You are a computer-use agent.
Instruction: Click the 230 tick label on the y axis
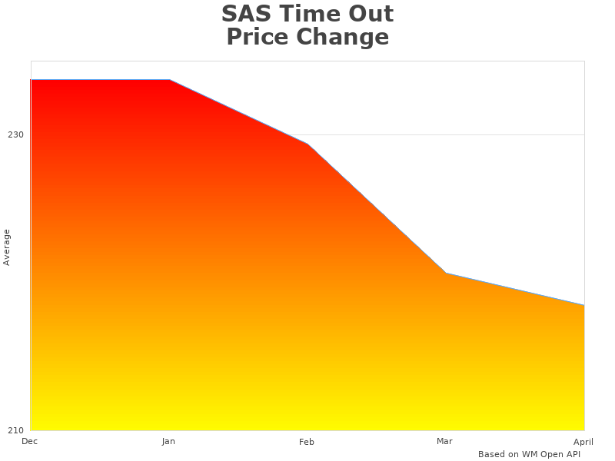15,134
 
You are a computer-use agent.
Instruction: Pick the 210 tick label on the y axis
15,429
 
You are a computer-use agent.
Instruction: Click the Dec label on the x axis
29,441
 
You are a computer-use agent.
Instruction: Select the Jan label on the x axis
168,441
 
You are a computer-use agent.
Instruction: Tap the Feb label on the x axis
307,442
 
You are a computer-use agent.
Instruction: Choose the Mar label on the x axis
444,441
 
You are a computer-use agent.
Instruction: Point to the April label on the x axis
583,441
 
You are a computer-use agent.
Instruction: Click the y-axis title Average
7,247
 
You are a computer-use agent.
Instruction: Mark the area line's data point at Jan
169,80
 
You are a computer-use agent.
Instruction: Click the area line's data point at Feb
307,144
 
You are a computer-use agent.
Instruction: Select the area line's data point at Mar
446,274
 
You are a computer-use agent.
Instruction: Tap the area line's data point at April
583,305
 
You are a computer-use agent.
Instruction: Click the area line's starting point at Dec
32,80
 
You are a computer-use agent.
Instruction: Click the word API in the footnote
571,454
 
